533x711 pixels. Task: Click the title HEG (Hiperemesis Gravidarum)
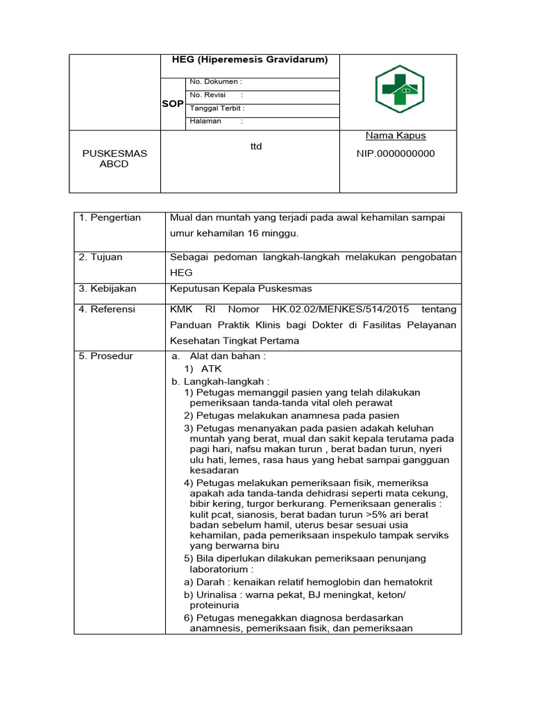tap(250, 60)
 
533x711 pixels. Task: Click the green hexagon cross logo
tap(399, 90)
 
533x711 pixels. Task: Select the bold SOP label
tap(173, 103)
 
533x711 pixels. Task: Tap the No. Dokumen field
tap(217, 82)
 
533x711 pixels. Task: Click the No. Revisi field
tap(217, 95)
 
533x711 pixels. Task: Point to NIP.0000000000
tap(396, 153)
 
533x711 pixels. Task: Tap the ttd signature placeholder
tap(256, 147)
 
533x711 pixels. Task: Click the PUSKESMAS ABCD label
tap(115, 158)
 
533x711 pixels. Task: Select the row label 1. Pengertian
tap(110, 217)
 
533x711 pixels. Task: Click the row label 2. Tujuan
tap(101, 257)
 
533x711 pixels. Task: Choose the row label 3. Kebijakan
tap(108, 288)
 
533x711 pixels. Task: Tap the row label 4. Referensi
tap(108, 309)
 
